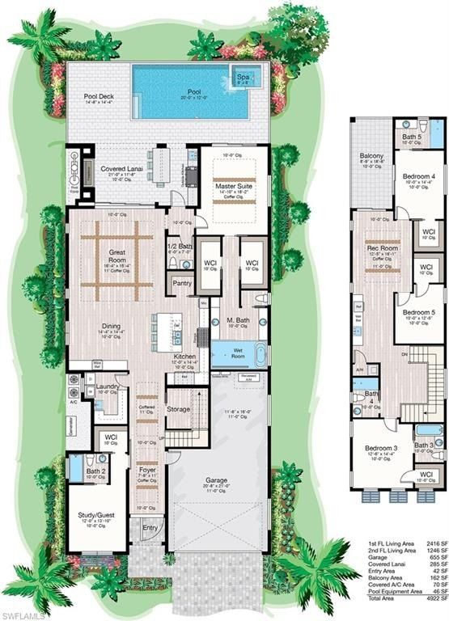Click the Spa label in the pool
243,77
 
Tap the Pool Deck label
99,96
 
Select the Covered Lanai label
122,169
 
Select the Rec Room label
383,247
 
